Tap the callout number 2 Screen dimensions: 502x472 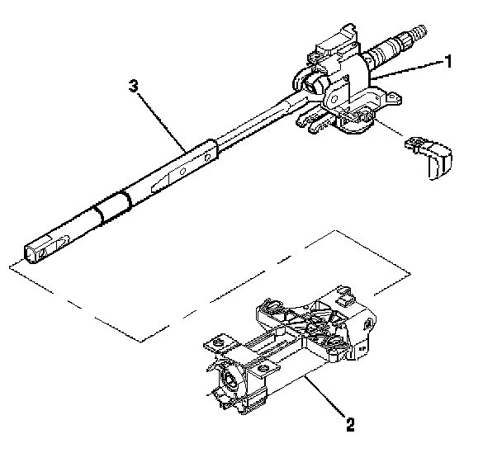pyautogui.click(x=350, y=427)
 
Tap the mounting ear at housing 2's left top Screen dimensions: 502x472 pyautogui.click(x=215, y=340)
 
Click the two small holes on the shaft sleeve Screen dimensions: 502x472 pyautogui.click(x=177, y=170)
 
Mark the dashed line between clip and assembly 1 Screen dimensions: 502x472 pyautogui.click(x=388, y=130)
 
